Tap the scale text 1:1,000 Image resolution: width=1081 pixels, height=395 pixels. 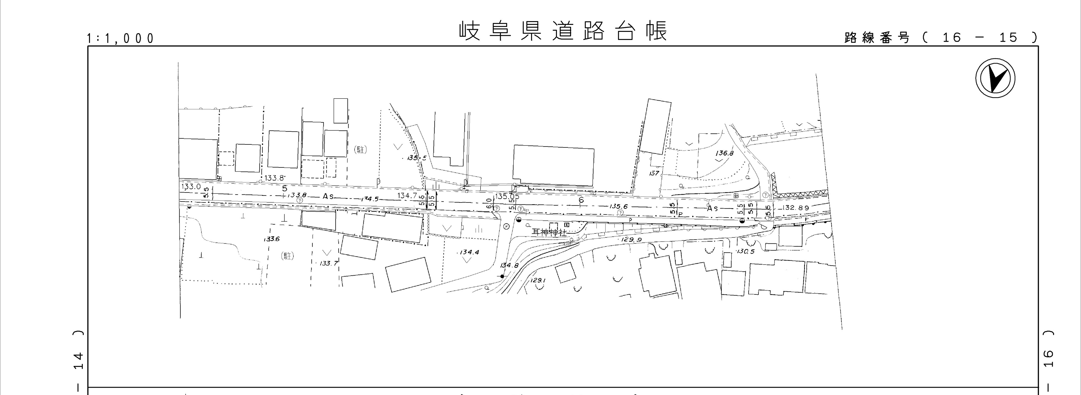120,39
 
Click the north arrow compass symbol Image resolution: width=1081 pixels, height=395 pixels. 995,79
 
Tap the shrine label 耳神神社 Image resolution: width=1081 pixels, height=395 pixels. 549,232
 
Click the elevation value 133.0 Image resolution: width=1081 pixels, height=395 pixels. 191,187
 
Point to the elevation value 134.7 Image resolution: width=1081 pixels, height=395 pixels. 407,195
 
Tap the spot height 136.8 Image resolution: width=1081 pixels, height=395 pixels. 724,154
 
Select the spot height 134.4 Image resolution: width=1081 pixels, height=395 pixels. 469,253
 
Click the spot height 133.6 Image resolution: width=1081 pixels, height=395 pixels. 272,239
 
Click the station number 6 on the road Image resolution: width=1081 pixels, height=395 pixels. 581,200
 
